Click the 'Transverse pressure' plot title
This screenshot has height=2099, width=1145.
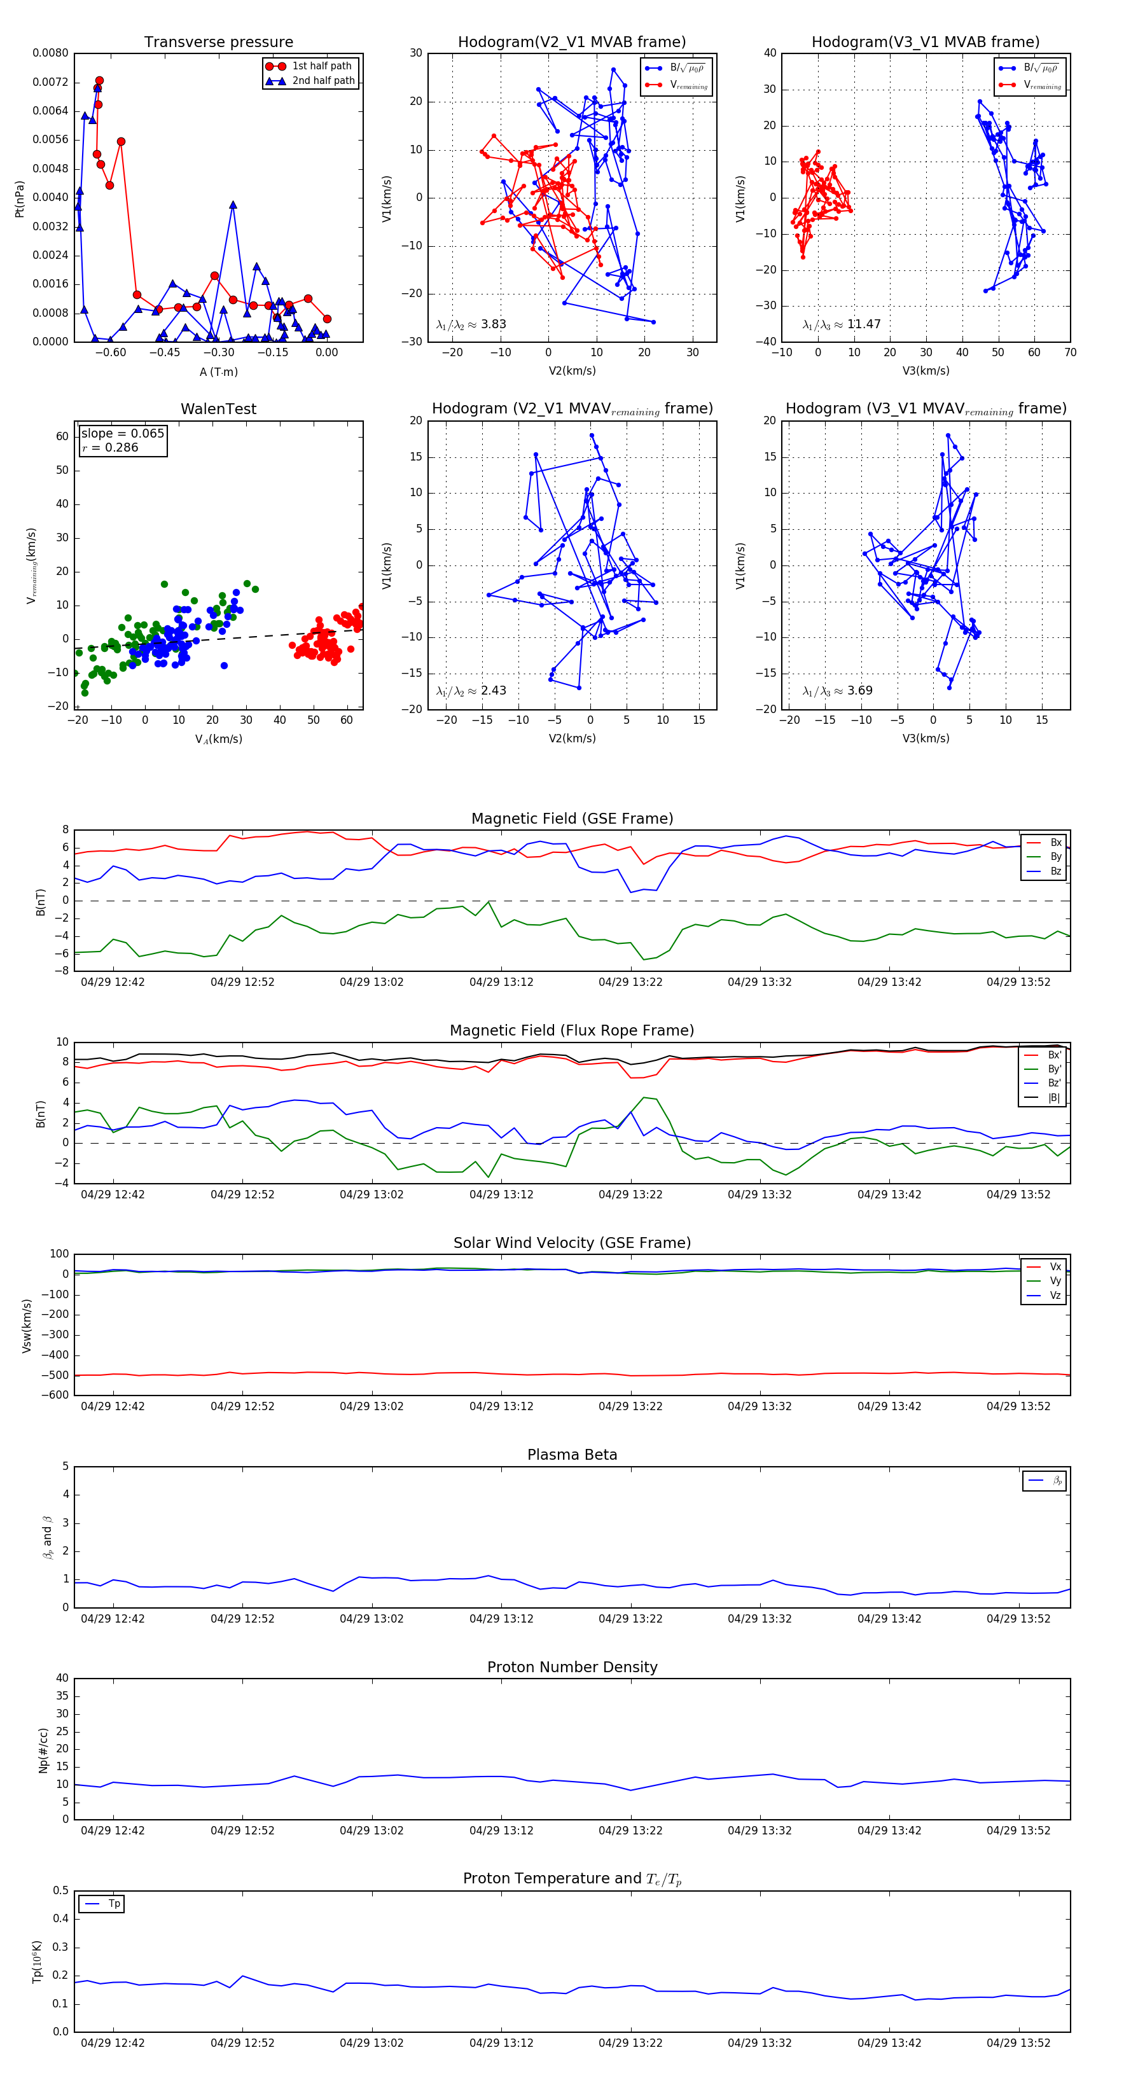click(x=218, y=43)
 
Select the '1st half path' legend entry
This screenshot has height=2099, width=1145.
click(x=321, y=66)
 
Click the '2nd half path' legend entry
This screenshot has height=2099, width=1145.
click(x=323, y=81)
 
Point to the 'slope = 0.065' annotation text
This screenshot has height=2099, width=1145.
click(x=122, y=434)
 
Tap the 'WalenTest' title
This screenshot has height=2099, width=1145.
click(x=218, y=409)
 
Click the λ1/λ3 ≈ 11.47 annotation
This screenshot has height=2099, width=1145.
click(x=841, y=324)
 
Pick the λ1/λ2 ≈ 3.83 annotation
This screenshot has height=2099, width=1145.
click(x=471, y=324)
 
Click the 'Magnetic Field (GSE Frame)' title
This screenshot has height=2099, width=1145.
click(x=572, y=819)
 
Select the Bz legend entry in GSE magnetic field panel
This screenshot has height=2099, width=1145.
click(x=1055, y=871)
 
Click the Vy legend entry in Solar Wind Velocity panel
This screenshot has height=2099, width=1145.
click(x=1055, y=1281)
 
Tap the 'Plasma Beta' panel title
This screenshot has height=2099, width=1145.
click(x=572, y=1455)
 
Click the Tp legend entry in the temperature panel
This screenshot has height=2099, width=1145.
click(x=113, y=1904)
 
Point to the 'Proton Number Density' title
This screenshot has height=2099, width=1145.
click(x=572, y=1667)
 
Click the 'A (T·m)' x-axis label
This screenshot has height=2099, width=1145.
click(x=218, y=372)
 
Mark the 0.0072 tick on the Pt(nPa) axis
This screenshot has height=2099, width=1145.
click(x=50, y=82)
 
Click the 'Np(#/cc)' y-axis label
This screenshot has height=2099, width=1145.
click(x=43, y=1750)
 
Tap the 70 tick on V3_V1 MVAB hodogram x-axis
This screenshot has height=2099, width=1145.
click(x=1070, y=353)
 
